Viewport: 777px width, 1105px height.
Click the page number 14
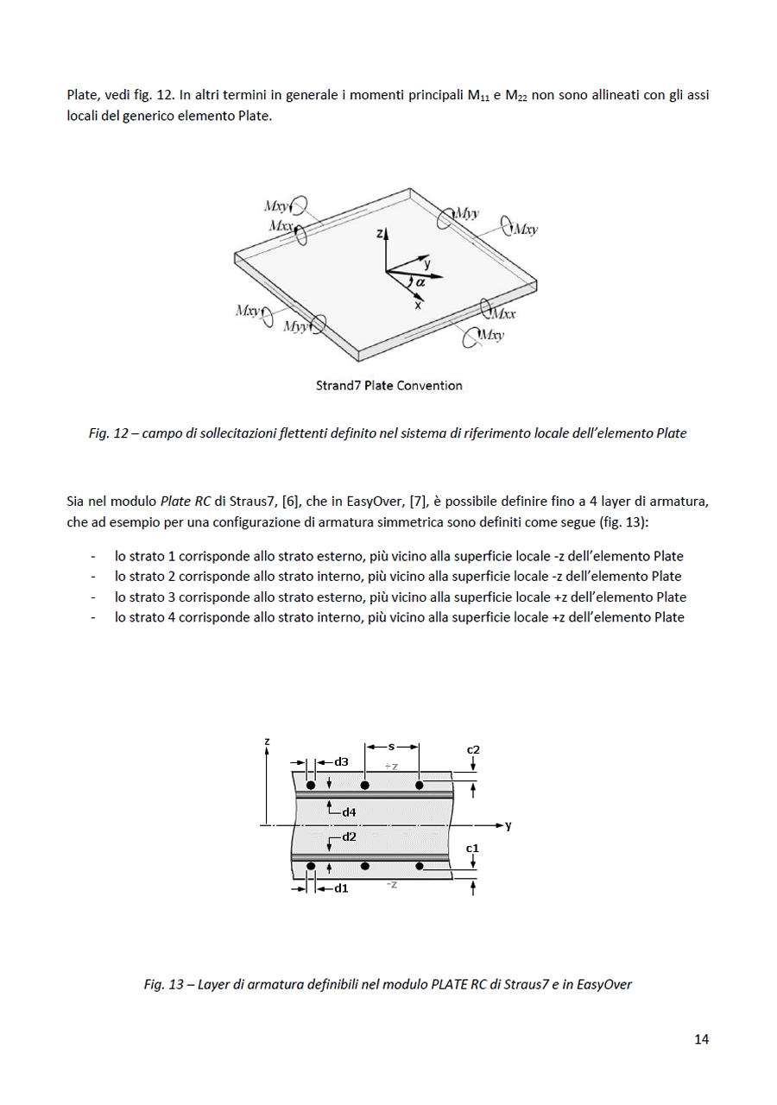tap(701, 1039)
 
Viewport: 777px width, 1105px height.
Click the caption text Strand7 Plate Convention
tap(388, 386)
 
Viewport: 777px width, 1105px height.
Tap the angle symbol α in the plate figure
tap(420, 281)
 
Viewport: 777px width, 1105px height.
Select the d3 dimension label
tap(341, 762)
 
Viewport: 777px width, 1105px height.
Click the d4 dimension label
tap(349, 812)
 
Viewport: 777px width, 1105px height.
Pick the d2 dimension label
tap(349, 837)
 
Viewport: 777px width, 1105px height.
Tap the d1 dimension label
tap(341, 887)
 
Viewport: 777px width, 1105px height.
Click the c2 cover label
tap(473, 749)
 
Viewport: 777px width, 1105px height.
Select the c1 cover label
tap(472, 849)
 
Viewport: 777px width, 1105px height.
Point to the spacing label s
tap(392, 746)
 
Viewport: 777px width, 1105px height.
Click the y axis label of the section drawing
tap(509, 826)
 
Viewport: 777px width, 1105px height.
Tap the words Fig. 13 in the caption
tap(163, 984)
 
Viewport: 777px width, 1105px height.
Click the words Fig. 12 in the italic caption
tap(108, 433)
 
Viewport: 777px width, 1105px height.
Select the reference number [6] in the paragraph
tap(289, 501)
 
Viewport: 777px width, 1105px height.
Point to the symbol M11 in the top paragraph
tap(478, 96)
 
